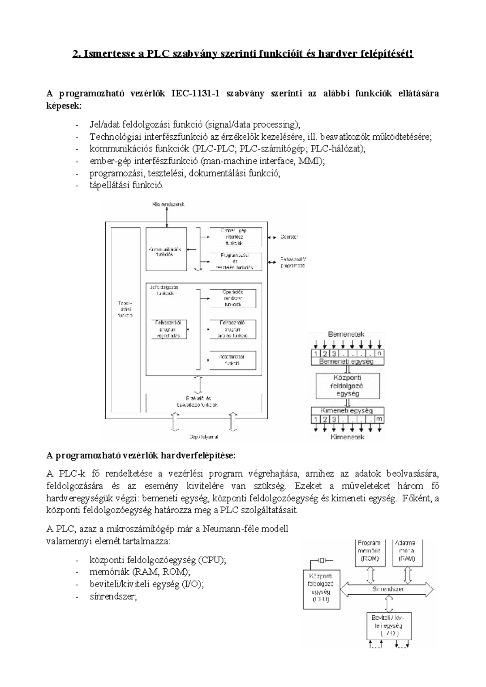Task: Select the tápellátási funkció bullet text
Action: coord(126,185)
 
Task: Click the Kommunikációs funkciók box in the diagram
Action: coord(166,252)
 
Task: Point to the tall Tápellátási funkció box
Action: coord(125,309)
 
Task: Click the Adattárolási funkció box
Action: coord(232,360)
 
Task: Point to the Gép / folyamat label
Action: coord(204,437)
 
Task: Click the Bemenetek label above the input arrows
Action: coord(346,335)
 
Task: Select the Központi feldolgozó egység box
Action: coord(347,385)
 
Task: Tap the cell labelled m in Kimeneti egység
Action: coord(379,419)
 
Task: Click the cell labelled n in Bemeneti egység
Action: coord(379,353)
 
